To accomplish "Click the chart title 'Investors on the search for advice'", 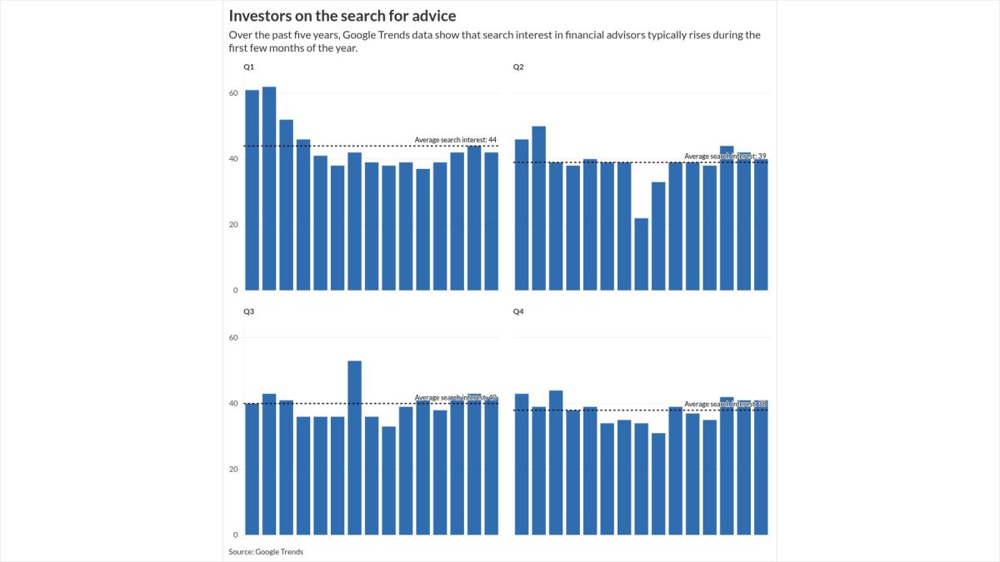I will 342,16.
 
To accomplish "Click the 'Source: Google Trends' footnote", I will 266,551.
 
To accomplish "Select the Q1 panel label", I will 248,67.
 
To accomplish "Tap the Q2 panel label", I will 518,67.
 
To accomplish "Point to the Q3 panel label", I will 248,311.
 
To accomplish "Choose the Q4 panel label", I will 518,311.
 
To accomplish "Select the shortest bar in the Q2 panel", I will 641,254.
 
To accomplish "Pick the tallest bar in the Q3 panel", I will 354,447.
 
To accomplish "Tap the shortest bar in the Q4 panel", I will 658,484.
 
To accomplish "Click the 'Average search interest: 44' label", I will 455,140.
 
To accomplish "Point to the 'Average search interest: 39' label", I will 724,156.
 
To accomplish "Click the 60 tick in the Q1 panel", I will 233,93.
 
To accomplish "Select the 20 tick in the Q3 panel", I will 233,470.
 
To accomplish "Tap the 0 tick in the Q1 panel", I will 235,291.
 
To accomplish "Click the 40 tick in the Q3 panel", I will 233,404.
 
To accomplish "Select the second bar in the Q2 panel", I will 538,208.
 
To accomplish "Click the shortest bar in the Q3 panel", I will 388,480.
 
